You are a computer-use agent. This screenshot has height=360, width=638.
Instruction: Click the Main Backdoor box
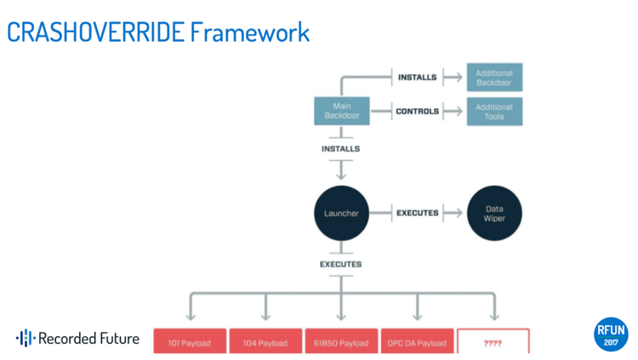[342, 111]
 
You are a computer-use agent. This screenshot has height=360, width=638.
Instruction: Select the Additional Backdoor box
[494, 77]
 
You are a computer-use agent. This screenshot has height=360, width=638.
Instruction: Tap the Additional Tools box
[494, 111]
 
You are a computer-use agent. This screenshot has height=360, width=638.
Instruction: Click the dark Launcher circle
[341, 213]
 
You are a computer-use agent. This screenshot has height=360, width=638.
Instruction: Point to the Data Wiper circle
[494, 213]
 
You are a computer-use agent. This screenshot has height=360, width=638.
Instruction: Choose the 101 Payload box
[190, 343]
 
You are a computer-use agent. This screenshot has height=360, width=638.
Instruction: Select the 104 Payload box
[265, 343]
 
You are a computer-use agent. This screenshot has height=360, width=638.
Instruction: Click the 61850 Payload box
[341, 343]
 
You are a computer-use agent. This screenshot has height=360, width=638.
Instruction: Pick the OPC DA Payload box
[417, 343]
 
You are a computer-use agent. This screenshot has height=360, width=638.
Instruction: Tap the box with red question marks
[493, 343]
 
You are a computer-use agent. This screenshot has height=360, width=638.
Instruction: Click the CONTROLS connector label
[417, 111]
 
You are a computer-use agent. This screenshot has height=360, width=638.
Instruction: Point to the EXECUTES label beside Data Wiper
[417, 213]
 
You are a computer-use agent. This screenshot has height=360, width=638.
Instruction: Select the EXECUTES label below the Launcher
[341, 265]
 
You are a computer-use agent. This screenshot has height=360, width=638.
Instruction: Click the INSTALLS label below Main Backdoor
[341, 149]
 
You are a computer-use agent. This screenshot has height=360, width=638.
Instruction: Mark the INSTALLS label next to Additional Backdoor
[417, 77]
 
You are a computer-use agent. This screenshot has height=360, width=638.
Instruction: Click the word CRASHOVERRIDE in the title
[94, 32]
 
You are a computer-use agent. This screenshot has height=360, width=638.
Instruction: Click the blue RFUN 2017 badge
[611, 334]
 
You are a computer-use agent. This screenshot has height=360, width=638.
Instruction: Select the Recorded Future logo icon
[26, 339]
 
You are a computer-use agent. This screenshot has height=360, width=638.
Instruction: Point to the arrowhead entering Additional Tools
[458, 111]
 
